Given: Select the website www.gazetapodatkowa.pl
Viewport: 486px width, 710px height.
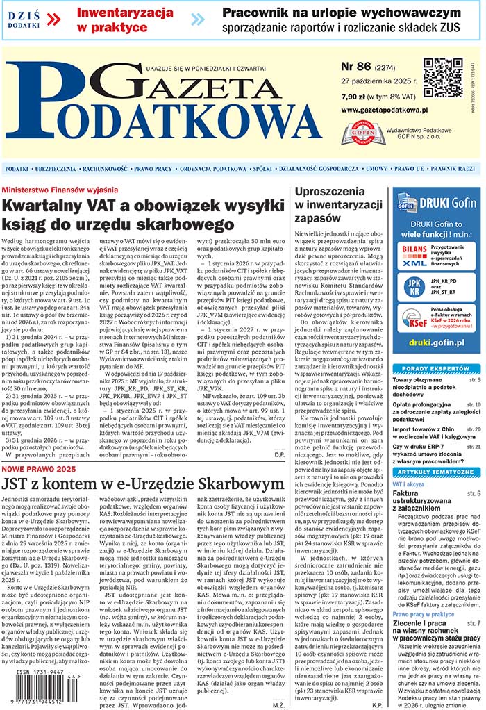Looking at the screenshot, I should click(x=384, y=110).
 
